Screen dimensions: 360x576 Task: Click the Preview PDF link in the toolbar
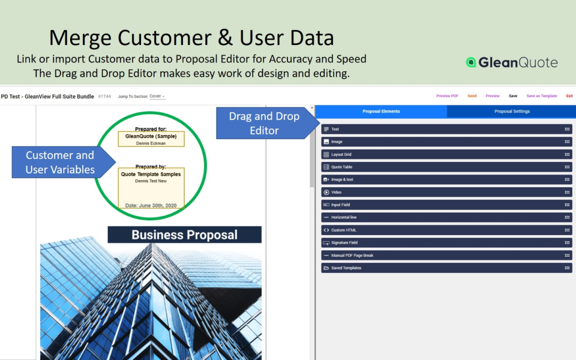pos(447,96)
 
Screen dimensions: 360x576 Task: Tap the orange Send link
pos(472,96)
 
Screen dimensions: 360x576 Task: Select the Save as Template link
pos(542,96)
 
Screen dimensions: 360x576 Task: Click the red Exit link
pos(569,96)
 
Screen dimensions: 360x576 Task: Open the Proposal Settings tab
pos(512,111)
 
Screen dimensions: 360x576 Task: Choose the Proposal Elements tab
pos(381,111)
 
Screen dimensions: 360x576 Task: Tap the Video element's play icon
pos(326,192)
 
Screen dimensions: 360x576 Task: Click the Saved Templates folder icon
pos(326,268)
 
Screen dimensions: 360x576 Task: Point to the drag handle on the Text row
pos(567,129)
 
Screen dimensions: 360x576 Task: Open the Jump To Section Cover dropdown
pos(157,96)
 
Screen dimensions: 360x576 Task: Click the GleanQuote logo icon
pos(471,62)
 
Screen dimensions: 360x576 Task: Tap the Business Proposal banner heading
pos(184,235)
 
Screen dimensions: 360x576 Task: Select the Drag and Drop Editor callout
pos(264,123)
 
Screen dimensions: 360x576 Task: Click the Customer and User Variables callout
pos(60,162)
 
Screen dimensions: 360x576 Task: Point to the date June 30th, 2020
pos(151,205)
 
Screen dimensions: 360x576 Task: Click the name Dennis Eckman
pos(151,143)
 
